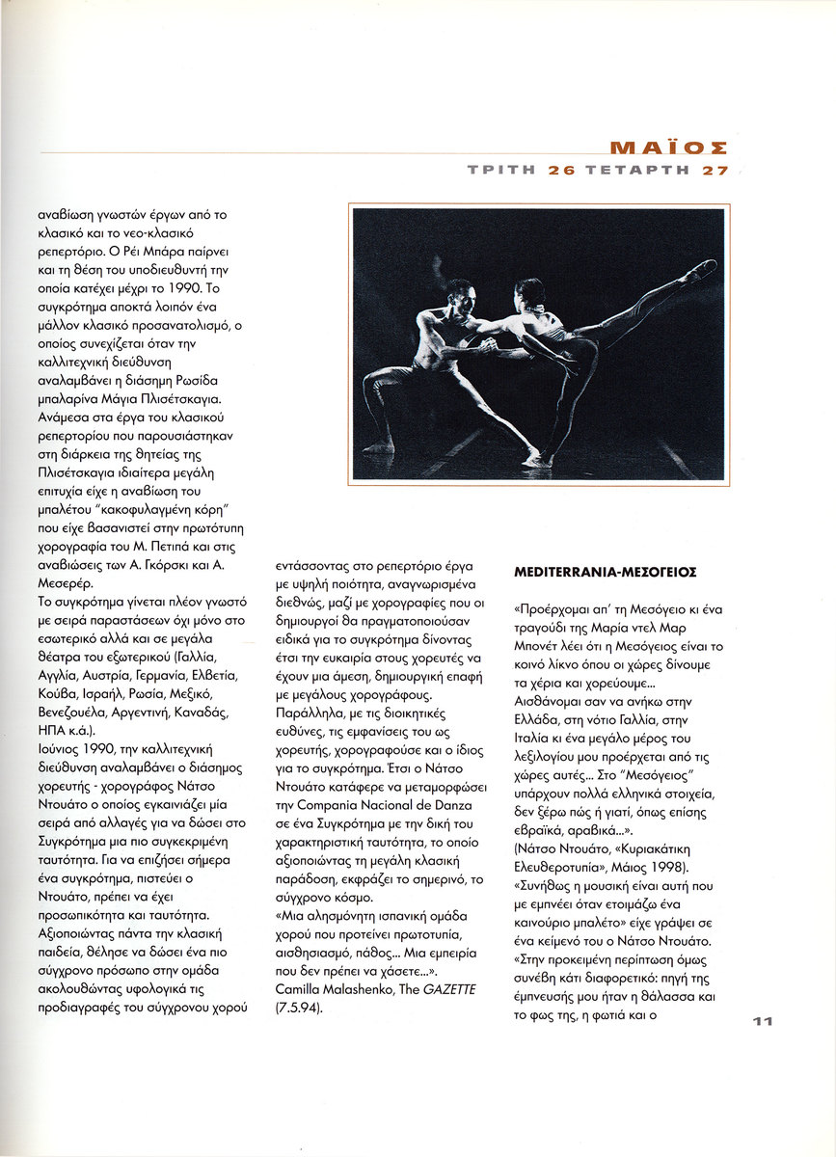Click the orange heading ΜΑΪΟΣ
click(668, 148)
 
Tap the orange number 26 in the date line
click(561, 170)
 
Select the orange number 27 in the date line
click(715, 170)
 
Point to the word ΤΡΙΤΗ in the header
click(502, 170)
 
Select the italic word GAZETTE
click(448, 990)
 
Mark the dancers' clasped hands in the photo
click(491, 343)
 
